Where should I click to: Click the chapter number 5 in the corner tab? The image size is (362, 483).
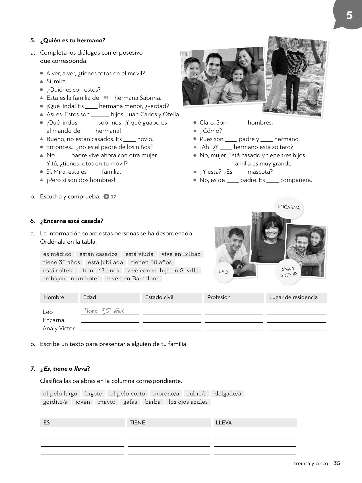pyautogui.click(x=349, y=15)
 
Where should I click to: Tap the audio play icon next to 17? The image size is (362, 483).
pyautogui.click(x=106, y=196)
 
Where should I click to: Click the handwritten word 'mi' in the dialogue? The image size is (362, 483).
pyautogui.click(x=107, y=97)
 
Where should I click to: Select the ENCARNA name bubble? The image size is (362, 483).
pyautogui.click(x=289, y=207)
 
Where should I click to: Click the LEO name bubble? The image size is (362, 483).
pyautogui.click(x=224, y=272)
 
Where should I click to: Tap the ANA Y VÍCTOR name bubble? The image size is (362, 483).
pyautogui.click(x=289, y=272)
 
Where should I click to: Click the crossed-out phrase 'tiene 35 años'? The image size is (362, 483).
pyautogui.click(x=61, y=262)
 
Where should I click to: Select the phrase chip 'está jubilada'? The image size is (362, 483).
pyautogui.click(x=106, y=262)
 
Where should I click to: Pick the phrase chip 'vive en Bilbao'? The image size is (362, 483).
pyautogui.click(x=181, y=254)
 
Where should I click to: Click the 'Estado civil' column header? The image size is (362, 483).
pyautogui.click(x=159, y=297)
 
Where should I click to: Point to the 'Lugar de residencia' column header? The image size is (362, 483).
pyautogui.click(x=293, y=297)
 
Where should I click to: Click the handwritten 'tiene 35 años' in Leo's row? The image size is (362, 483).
pyautogui.click(x=104, y=311)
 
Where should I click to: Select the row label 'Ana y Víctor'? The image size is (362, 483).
pyautogui.click(x=59, y=328)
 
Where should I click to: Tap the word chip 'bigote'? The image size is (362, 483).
pyautogui.click(x=94, y=393)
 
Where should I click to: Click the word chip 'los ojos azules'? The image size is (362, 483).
pyautogui.click(x=188, y=402)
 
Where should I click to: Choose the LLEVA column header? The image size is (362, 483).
pyautogui.click(x=224, y=423)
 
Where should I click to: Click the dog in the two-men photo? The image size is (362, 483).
pyautogui.click(x=314, y=92)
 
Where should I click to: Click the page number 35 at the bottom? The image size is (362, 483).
pyautogui.click(x=337, y=463)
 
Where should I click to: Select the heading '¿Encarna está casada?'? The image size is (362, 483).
pyautogui.click(x=72, y=221)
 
